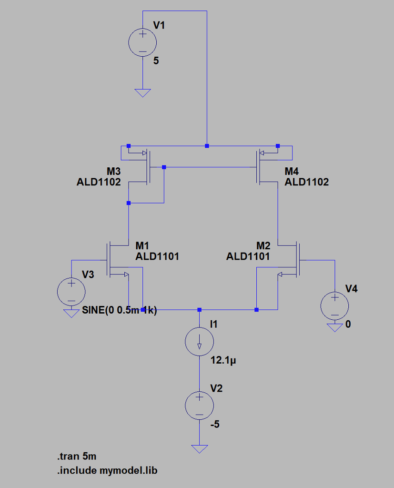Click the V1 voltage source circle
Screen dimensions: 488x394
coord(142,42)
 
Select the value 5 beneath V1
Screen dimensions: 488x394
coord(156,61)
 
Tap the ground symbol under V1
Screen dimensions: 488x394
coord(142,92)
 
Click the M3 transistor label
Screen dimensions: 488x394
coord(113,171)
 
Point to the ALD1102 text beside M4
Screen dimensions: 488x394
coord(306,182)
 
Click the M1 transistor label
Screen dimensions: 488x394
coord(142,245)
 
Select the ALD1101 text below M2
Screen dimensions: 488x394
coord(248,256)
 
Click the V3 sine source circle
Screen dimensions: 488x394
coord(71,292)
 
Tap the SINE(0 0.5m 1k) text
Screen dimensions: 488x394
coord(119,311)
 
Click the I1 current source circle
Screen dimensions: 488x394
coord(199,341)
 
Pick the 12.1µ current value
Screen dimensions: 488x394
coord(223,361)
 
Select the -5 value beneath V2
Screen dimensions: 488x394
coord(215,424)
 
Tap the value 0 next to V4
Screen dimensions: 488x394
coord(348,325)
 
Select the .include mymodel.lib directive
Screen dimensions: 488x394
coord(107,470)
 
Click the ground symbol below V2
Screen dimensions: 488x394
coord(199,448)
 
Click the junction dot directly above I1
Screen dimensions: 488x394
coord(199,310)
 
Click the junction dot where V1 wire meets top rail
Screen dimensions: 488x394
coord(206,146)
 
